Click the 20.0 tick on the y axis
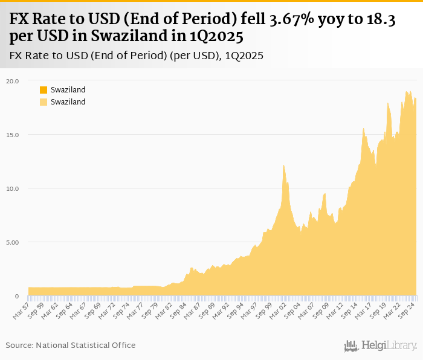coord(13,80)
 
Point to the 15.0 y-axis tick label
coord(13,134)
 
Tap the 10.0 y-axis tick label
coord(13,188)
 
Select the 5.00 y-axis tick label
coord(13,242)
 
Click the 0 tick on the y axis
coord(17,296)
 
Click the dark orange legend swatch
coord(44,90)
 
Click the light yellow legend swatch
coord(44,102)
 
